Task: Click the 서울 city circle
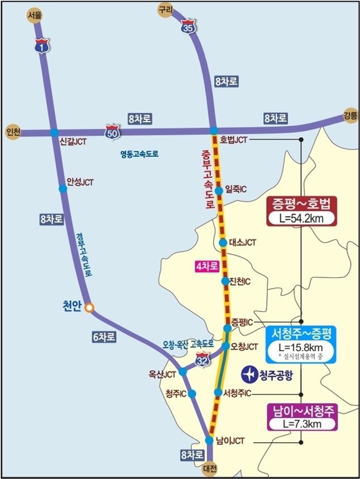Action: point(35,16)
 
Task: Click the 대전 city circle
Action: point(209,468)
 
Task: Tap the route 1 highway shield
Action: point(41,47)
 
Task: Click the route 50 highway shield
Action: point(112,132)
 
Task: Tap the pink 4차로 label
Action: point(206,267)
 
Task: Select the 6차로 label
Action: point(104,336)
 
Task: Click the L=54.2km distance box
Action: point(302,218)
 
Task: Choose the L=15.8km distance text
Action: point(301,347)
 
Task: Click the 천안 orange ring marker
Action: point(88,307)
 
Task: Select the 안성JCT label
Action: point(80,182)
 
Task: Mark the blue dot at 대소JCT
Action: point(223,243)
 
